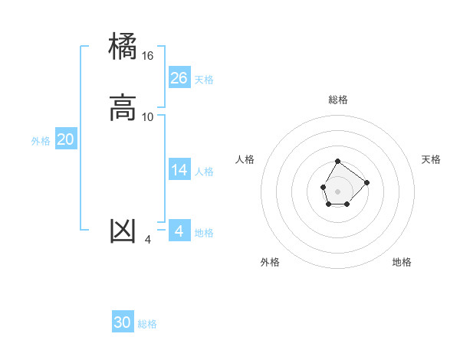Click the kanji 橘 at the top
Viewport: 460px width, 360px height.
click(x=123, y=47)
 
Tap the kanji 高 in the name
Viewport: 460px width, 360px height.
click(x=123, y=107)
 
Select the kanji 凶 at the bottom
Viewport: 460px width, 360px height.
click(x=123, y=231)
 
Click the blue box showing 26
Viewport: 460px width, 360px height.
click(x=179, y=78)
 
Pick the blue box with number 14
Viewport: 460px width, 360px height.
click(x=179, y=170)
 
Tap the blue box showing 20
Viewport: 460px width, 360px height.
click(x=66, y=139)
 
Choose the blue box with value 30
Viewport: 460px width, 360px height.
click(x=123, y=322)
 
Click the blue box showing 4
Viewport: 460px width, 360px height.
click(x=179, y=231)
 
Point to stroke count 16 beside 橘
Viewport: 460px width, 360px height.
click(x=148, y=56)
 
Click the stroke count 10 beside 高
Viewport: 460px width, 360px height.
click(x=148, y=117)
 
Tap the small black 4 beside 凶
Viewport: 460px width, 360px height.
click(x=148, y=240)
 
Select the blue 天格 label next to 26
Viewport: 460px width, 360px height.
click(x=204, y=80)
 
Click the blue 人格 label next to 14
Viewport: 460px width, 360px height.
click(x=204, y=172)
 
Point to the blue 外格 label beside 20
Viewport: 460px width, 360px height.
click(x=41, y=141)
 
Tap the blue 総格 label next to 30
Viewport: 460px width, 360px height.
click(x=147, y=324)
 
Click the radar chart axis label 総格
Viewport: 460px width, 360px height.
click(x=338, y=100)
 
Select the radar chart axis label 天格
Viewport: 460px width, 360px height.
click(x=431, y=159)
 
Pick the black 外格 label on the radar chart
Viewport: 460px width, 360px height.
click(x=270, y=262)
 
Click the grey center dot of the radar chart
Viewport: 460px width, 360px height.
click(x=338, y=190)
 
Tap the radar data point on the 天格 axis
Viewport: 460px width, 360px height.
click(x=366, y=182)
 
